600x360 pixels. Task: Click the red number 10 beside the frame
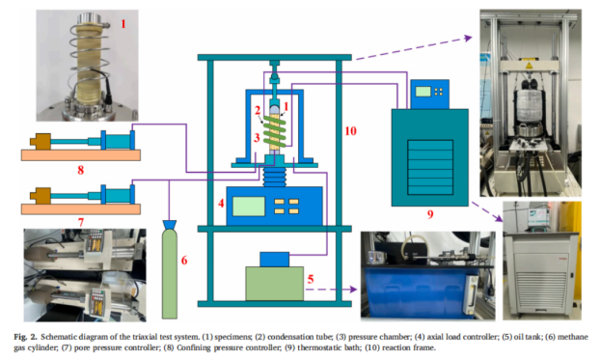(350, 131)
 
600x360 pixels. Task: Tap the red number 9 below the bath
(430, 214)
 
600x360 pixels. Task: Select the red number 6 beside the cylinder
(184, 261)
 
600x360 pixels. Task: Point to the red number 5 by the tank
(311, 279)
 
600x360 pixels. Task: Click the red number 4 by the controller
(221, 203)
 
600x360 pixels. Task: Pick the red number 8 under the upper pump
(80, 170)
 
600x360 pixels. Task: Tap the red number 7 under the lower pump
(80, 222)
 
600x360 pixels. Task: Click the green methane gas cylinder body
(169, 273)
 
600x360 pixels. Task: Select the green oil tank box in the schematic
(274, 284)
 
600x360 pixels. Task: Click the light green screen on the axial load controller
(249, 206)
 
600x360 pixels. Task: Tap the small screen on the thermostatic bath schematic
(423, 91)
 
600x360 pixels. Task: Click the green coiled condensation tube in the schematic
(274, 131)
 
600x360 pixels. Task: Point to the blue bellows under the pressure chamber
(274, 177)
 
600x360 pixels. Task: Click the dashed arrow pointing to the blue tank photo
(331, 290)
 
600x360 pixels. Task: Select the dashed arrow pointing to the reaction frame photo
(414, 47)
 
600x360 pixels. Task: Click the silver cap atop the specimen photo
(89, 19)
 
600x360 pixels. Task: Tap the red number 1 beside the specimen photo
(123, 24)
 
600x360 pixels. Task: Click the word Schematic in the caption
(59, 337)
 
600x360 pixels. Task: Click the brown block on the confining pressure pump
(40, 141)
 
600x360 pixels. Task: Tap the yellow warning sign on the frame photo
(529, 66)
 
